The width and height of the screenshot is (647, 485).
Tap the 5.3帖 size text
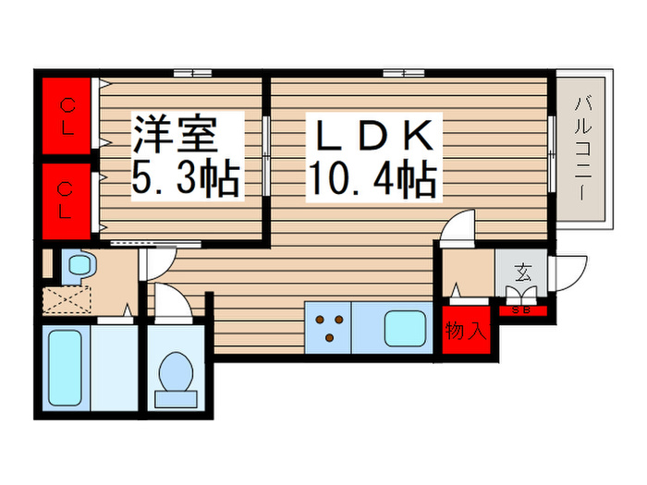coord(185,178)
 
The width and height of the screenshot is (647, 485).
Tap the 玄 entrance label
coord(523,273)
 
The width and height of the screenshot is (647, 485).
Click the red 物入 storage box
coord(465,330)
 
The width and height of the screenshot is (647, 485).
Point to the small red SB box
coord(521,309)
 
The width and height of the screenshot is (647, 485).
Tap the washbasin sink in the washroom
coord(77,267)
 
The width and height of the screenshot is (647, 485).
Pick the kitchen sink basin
coord(405,327)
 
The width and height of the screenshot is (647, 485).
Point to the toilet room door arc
coord(168,301)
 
